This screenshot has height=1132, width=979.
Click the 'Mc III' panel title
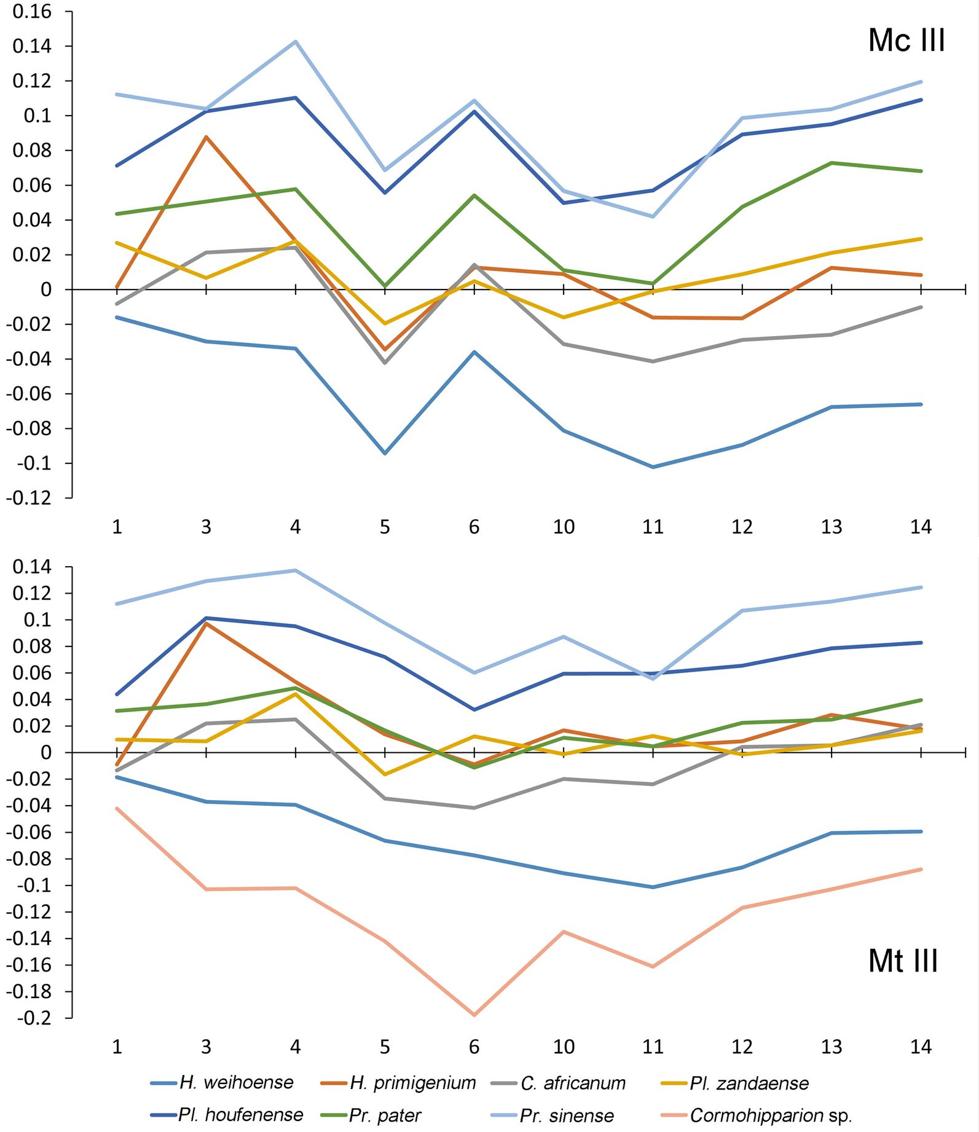(x=906, y=41)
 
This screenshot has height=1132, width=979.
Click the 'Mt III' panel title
(x=903, y=961)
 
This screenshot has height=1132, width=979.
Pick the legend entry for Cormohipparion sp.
(x=771, y=1115)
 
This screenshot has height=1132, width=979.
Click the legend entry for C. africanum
(x=573, y=1082)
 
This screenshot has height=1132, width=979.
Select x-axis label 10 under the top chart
(x=564, y=527)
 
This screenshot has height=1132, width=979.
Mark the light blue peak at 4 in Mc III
(x=296, y=42)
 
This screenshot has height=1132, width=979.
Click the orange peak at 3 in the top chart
(x=206, y=137)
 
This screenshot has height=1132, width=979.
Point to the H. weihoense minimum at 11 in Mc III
(x=653, y=467)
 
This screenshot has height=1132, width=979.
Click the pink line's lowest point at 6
(x=474, y=1015)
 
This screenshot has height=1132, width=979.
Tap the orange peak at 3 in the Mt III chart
(x=206, y=623)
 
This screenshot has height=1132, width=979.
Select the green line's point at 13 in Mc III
(x=832, y=163)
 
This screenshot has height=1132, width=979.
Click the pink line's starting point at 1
(x=117, y=808)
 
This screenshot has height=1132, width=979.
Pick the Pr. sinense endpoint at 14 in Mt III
(x=921, y=587)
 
